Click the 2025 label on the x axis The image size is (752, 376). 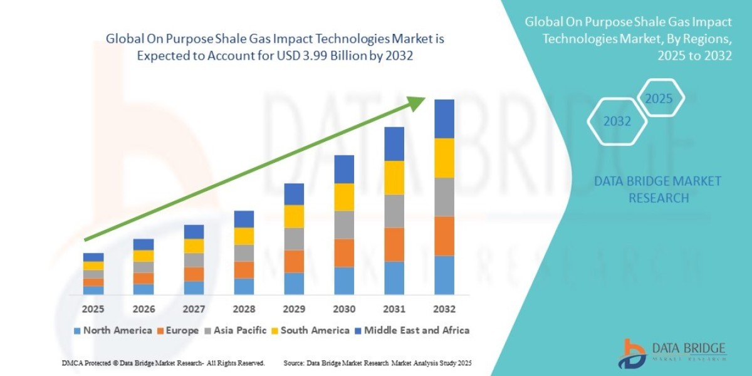tap(93, 310)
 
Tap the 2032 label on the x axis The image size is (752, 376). tap(444, 310)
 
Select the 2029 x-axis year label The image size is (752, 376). tap(293, 310)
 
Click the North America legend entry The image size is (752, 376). tap(113, 330)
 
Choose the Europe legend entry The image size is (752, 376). tap(178, 330)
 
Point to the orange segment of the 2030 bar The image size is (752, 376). tap(343, 253)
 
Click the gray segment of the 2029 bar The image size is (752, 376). tap(293, 239)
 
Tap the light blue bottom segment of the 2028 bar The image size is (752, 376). tap(243, 286)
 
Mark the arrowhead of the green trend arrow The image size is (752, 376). tap(419, 104)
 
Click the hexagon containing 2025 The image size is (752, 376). tap(658, 98)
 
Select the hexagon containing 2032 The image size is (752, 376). tap(617, 122)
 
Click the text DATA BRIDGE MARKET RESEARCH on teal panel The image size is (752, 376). tap(657, 189)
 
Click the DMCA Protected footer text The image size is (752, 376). tap(163, 363)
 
